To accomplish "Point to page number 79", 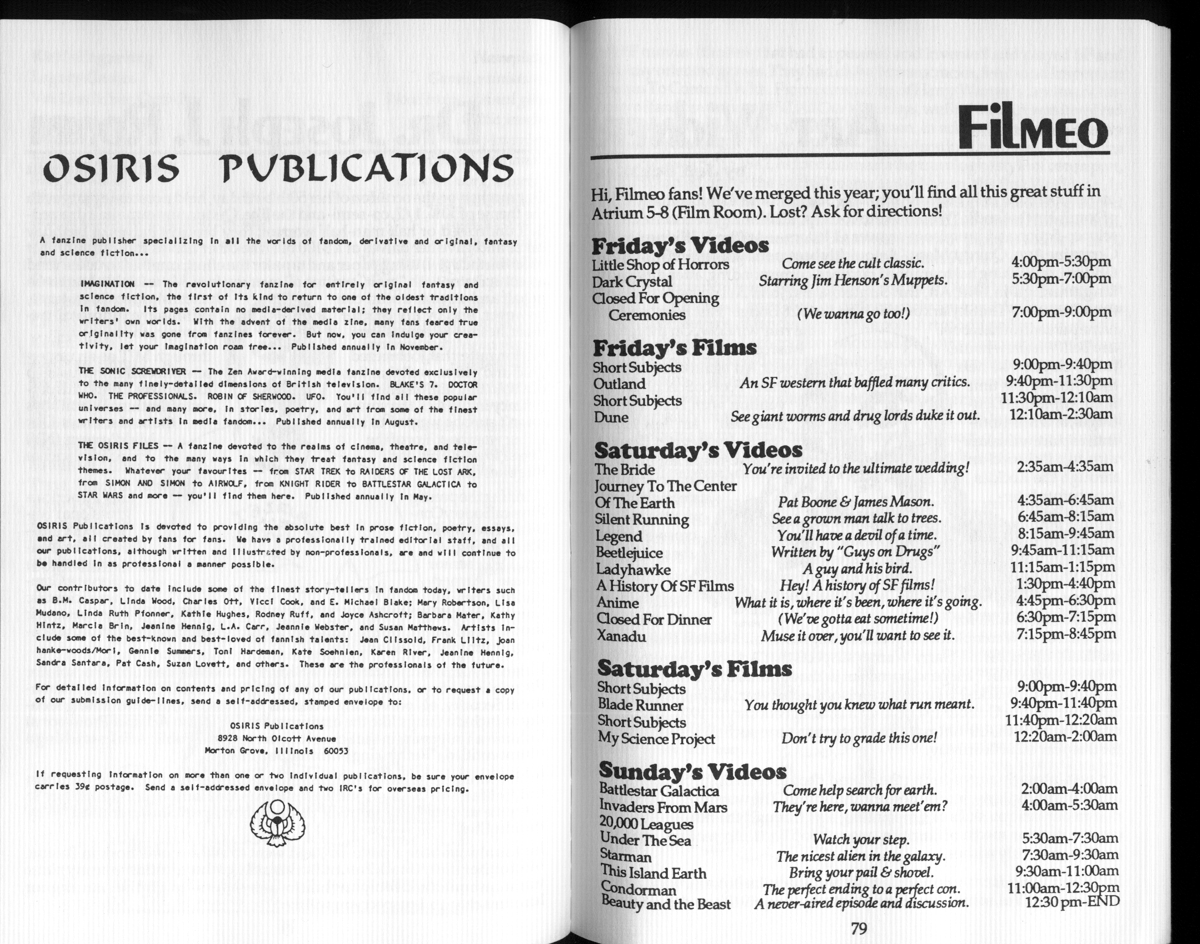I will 858,928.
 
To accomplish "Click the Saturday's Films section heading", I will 694,669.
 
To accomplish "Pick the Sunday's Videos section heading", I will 692,770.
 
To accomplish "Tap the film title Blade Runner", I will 640,705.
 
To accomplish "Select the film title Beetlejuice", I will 628,552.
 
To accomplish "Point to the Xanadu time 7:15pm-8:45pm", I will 1066,634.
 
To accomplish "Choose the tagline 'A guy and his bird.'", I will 857,568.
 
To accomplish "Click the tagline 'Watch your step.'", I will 861,840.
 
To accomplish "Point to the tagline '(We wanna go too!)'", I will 854,314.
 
